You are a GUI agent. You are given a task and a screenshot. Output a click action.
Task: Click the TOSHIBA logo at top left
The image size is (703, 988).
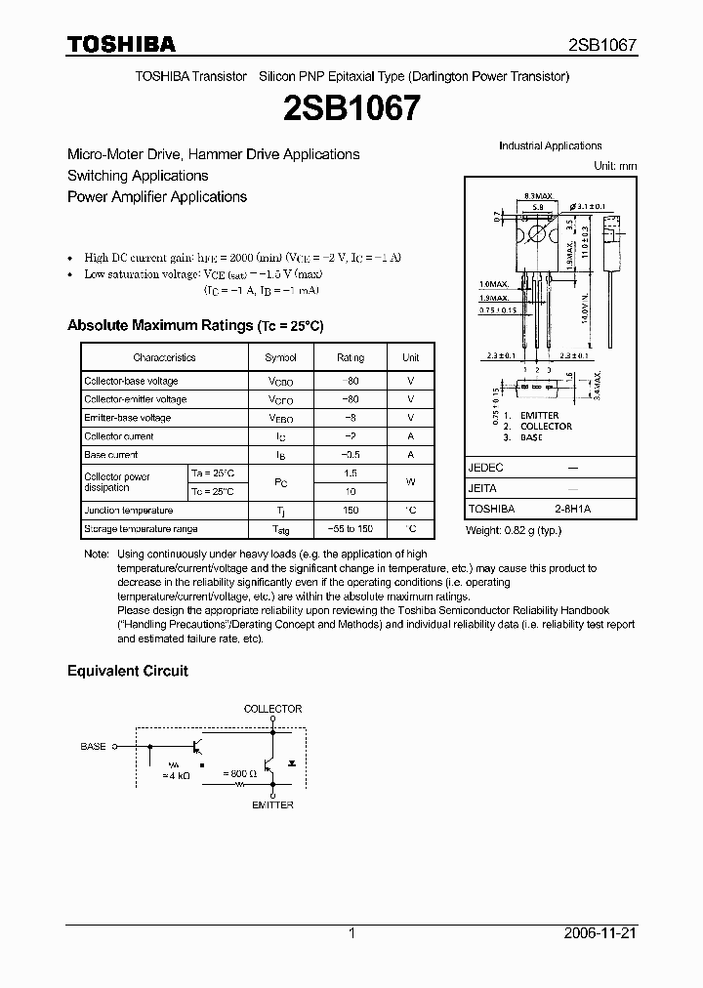click(121, 44)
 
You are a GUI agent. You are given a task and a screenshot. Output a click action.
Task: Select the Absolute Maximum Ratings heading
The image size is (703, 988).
click(194, 325)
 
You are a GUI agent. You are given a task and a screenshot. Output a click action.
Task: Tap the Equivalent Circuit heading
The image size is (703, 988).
click(127, 671)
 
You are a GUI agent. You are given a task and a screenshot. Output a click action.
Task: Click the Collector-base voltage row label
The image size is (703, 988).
click(131, 381)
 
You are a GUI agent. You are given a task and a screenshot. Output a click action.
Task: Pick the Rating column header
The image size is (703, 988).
click(351, 358)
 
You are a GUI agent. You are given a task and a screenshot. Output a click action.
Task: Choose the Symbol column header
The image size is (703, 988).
click(280, 358)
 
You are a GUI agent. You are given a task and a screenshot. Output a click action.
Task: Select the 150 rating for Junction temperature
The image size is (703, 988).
click(351, 511)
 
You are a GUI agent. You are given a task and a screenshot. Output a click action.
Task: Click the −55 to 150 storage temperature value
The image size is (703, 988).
click(351, 529)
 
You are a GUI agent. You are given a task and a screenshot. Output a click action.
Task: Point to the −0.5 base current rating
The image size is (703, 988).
click(351, 455)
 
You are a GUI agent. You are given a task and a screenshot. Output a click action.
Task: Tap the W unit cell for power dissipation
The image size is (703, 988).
click(411, 482)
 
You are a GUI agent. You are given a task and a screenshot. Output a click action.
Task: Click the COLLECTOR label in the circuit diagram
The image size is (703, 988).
click(272, 709)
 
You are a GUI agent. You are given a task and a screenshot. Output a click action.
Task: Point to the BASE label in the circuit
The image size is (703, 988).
click(93, 746)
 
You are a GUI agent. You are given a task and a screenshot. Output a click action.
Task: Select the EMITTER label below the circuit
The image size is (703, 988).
click(272, 804)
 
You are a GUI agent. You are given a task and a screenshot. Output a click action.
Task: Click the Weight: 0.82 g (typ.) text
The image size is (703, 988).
click(514, 529)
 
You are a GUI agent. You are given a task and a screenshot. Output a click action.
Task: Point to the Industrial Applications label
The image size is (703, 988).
click(550, 145)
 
